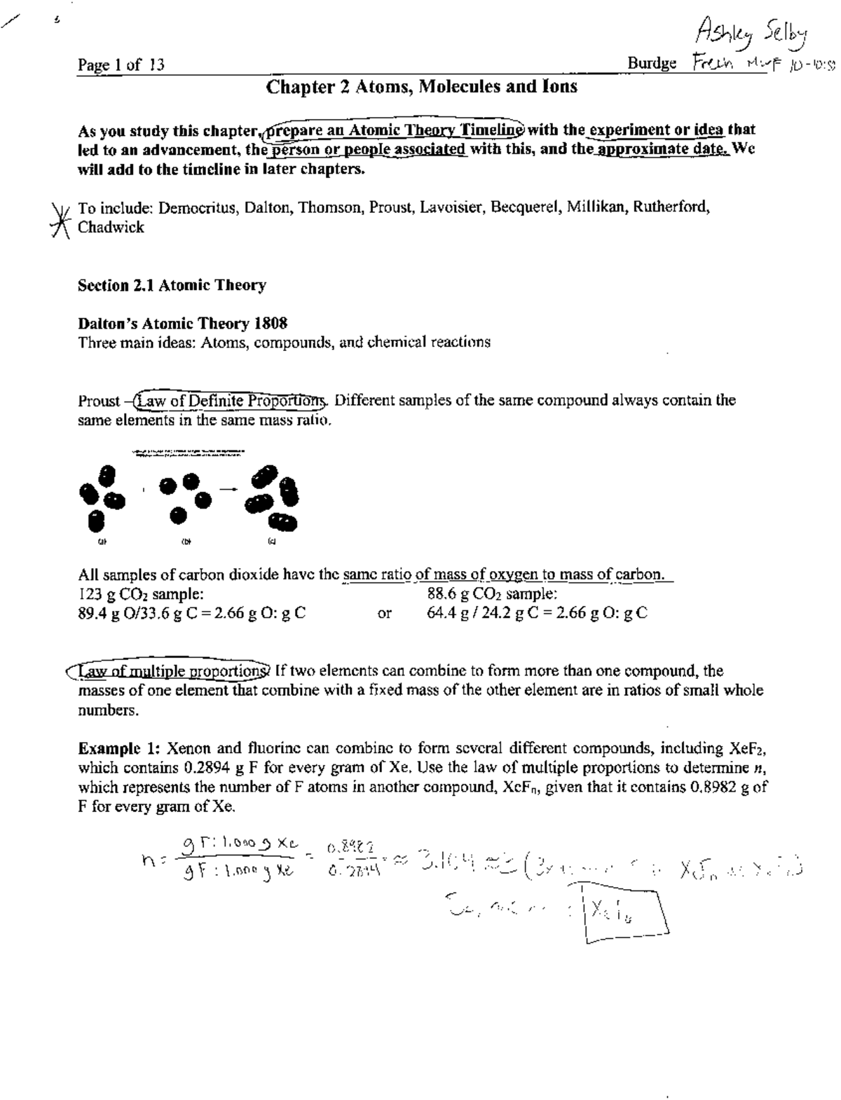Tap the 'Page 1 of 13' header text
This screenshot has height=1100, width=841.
(x=121, y=65)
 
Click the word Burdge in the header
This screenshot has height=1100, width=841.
(x=652, y=64)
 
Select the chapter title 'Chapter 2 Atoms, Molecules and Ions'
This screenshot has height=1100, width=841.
(x=422, y=87)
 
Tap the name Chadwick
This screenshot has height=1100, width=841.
(x=111, y=227)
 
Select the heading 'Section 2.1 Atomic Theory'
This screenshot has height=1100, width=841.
(x=172, y=285)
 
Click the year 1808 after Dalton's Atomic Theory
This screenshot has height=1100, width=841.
(x=271, y=323)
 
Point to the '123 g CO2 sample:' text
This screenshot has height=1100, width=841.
(x=141, y=594)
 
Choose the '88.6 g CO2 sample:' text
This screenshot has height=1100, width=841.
(x=492, y=594)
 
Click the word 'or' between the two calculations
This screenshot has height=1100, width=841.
(x=384, y=614)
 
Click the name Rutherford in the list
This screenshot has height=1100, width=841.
(x=671, y=207)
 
